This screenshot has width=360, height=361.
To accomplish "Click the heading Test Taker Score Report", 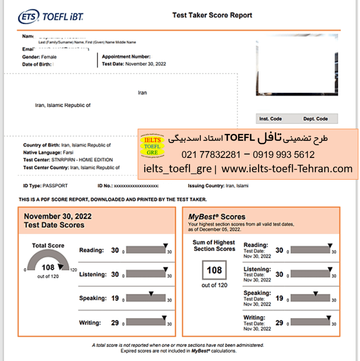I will tap(212, 16).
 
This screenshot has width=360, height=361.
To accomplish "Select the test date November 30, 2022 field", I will tap(145, 64).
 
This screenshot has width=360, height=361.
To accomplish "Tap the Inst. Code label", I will tap(270, 119).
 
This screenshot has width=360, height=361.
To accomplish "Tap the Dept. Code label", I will tap(316, 119).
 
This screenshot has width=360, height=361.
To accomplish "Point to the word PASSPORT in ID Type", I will tap(55, 185).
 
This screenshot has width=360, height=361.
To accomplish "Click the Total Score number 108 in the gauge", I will tap(48, 267).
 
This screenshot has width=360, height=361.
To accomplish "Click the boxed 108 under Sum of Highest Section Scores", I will tap(214, 270).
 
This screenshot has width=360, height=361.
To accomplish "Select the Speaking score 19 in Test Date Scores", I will tap(115, 298).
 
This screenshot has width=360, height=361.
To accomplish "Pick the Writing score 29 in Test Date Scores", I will tap(115, 323).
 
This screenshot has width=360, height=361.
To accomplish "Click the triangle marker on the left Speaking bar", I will tap(151, 293).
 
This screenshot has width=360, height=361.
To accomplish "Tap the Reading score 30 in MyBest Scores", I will tap(279, 250).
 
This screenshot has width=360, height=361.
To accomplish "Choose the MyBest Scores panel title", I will tap(216, 217).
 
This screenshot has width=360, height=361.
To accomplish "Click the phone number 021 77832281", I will tap(211, 154).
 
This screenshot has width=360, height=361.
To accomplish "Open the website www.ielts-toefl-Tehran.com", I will tap(287, 169).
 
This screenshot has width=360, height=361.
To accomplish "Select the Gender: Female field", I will tap(39, 57).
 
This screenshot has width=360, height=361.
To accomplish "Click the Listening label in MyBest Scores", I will tap(257, 269).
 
